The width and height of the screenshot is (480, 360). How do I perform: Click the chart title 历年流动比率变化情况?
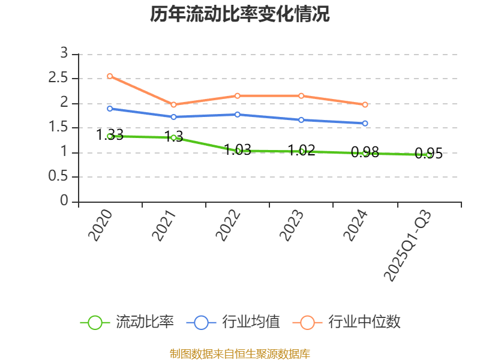click(240, 14)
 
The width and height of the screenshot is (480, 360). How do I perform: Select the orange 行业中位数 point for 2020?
click(110, 76)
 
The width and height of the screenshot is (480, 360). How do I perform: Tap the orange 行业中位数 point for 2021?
click(173, 104)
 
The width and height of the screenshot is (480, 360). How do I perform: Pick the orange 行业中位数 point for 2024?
click(365, 104)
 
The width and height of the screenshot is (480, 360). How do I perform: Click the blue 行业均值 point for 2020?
click(110, 109)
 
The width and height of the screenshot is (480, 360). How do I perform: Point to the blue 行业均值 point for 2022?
click(238, 114)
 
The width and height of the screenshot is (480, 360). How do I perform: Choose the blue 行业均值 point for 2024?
click(365, 123)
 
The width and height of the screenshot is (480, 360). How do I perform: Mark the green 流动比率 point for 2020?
click(110, 136)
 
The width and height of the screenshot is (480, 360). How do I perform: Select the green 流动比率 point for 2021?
click(173, 137)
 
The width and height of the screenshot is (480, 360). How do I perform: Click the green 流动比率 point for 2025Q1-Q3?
click(429, 154)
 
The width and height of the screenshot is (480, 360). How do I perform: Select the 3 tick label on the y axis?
click(64, 54)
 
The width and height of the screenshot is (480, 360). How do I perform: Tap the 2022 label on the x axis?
click(229, 225)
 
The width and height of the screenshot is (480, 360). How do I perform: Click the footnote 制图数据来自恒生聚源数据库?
click(240, 353)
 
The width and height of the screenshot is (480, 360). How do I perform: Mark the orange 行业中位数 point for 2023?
click(301, 95)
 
